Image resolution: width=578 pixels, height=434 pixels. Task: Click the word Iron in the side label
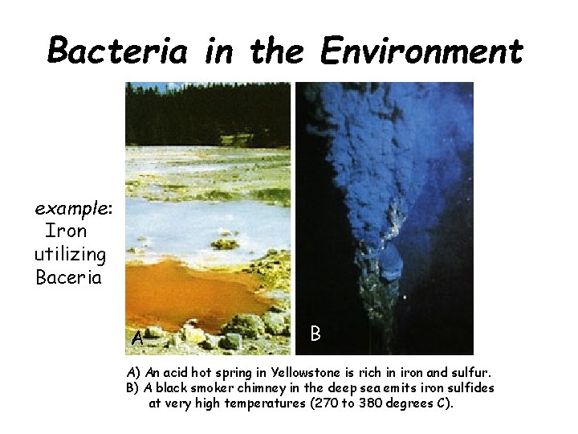[x=66, y=231]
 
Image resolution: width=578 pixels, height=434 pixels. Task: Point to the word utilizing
[x=71, y=255]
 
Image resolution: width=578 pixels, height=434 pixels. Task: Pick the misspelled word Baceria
[x=69, y=278]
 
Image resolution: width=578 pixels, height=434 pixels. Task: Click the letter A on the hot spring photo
[x=137, y=338]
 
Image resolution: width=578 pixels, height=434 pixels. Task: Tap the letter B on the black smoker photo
[x=315, y=333]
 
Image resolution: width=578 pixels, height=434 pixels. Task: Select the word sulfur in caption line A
[x=470, y=373]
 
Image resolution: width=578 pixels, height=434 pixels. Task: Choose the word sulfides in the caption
[x=470, y=387]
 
